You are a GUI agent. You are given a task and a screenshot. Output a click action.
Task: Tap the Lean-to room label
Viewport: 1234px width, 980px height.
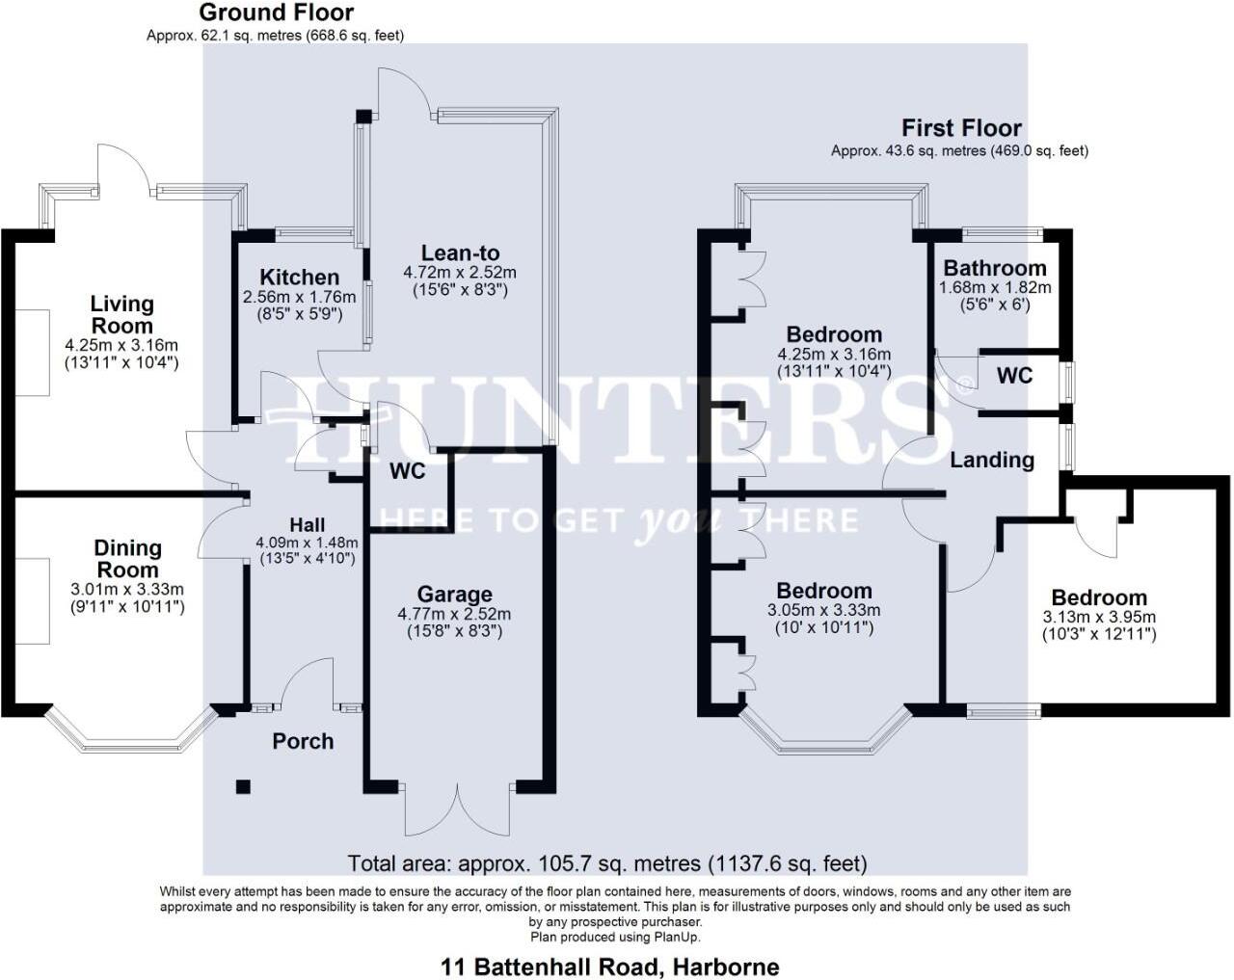coord(460,253)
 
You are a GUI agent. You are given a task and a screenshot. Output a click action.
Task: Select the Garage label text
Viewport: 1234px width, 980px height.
coord(454,595)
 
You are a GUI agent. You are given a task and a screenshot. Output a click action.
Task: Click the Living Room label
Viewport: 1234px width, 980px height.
coord(121,315)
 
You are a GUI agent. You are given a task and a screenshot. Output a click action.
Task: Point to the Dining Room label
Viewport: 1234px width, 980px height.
coord(127,559)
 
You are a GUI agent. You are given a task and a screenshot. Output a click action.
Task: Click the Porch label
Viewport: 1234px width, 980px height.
coord(303,741)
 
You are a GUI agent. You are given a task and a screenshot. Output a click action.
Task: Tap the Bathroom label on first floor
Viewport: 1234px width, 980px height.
coord(994,268)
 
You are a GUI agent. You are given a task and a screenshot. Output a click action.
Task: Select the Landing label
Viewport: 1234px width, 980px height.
coord(992,460)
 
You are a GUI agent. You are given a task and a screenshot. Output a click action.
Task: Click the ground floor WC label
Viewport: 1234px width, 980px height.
coord(408,472)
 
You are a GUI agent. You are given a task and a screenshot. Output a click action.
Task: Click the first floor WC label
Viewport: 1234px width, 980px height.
coord(1014,375)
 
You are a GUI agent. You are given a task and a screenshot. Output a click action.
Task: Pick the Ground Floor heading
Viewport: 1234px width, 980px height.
coord(276,13)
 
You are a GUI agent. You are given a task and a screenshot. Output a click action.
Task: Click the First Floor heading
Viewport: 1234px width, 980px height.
coord(961,127)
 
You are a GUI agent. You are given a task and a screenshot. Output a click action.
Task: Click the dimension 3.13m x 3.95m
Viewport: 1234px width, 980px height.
coord(1099,618)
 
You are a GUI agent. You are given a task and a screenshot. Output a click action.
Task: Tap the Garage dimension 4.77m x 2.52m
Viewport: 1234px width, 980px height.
coord(454,614)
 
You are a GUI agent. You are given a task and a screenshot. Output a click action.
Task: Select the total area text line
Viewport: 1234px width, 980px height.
coord(607,862)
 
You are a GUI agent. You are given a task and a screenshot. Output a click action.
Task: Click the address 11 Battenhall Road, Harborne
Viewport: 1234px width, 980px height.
coord(609,967)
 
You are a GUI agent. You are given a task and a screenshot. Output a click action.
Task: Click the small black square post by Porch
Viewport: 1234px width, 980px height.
coord(243,786)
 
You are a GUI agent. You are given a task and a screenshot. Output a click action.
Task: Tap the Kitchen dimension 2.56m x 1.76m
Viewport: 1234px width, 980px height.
coord(299,297)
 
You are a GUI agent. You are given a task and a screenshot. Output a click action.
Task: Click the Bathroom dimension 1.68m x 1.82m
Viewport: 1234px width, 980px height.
coord(995,287)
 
